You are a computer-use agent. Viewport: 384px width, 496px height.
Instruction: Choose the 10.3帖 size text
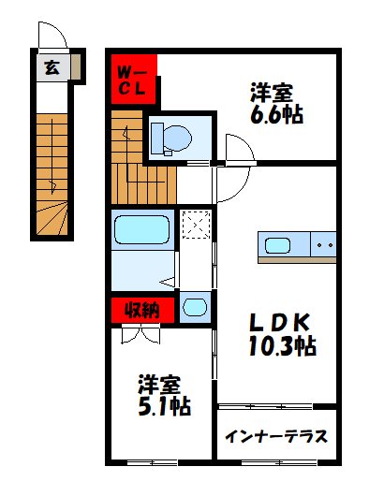pyautogui.click(x=277, y=345)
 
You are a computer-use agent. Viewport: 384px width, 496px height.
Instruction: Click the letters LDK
pyautogui.click(x=277, y=318)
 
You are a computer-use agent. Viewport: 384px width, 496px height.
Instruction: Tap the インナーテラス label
pyautogui.click(x=276, y=435)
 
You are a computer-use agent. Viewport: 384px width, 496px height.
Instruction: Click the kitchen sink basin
pyautogui.click(x=278, y=246)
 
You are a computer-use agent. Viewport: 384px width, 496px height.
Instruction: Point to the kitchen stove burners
pyautogui.click(x=323, y=246)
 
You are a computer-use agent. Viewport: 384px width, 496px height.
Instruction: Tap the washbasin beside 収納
pyautogui.click(x=195, y=307)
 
